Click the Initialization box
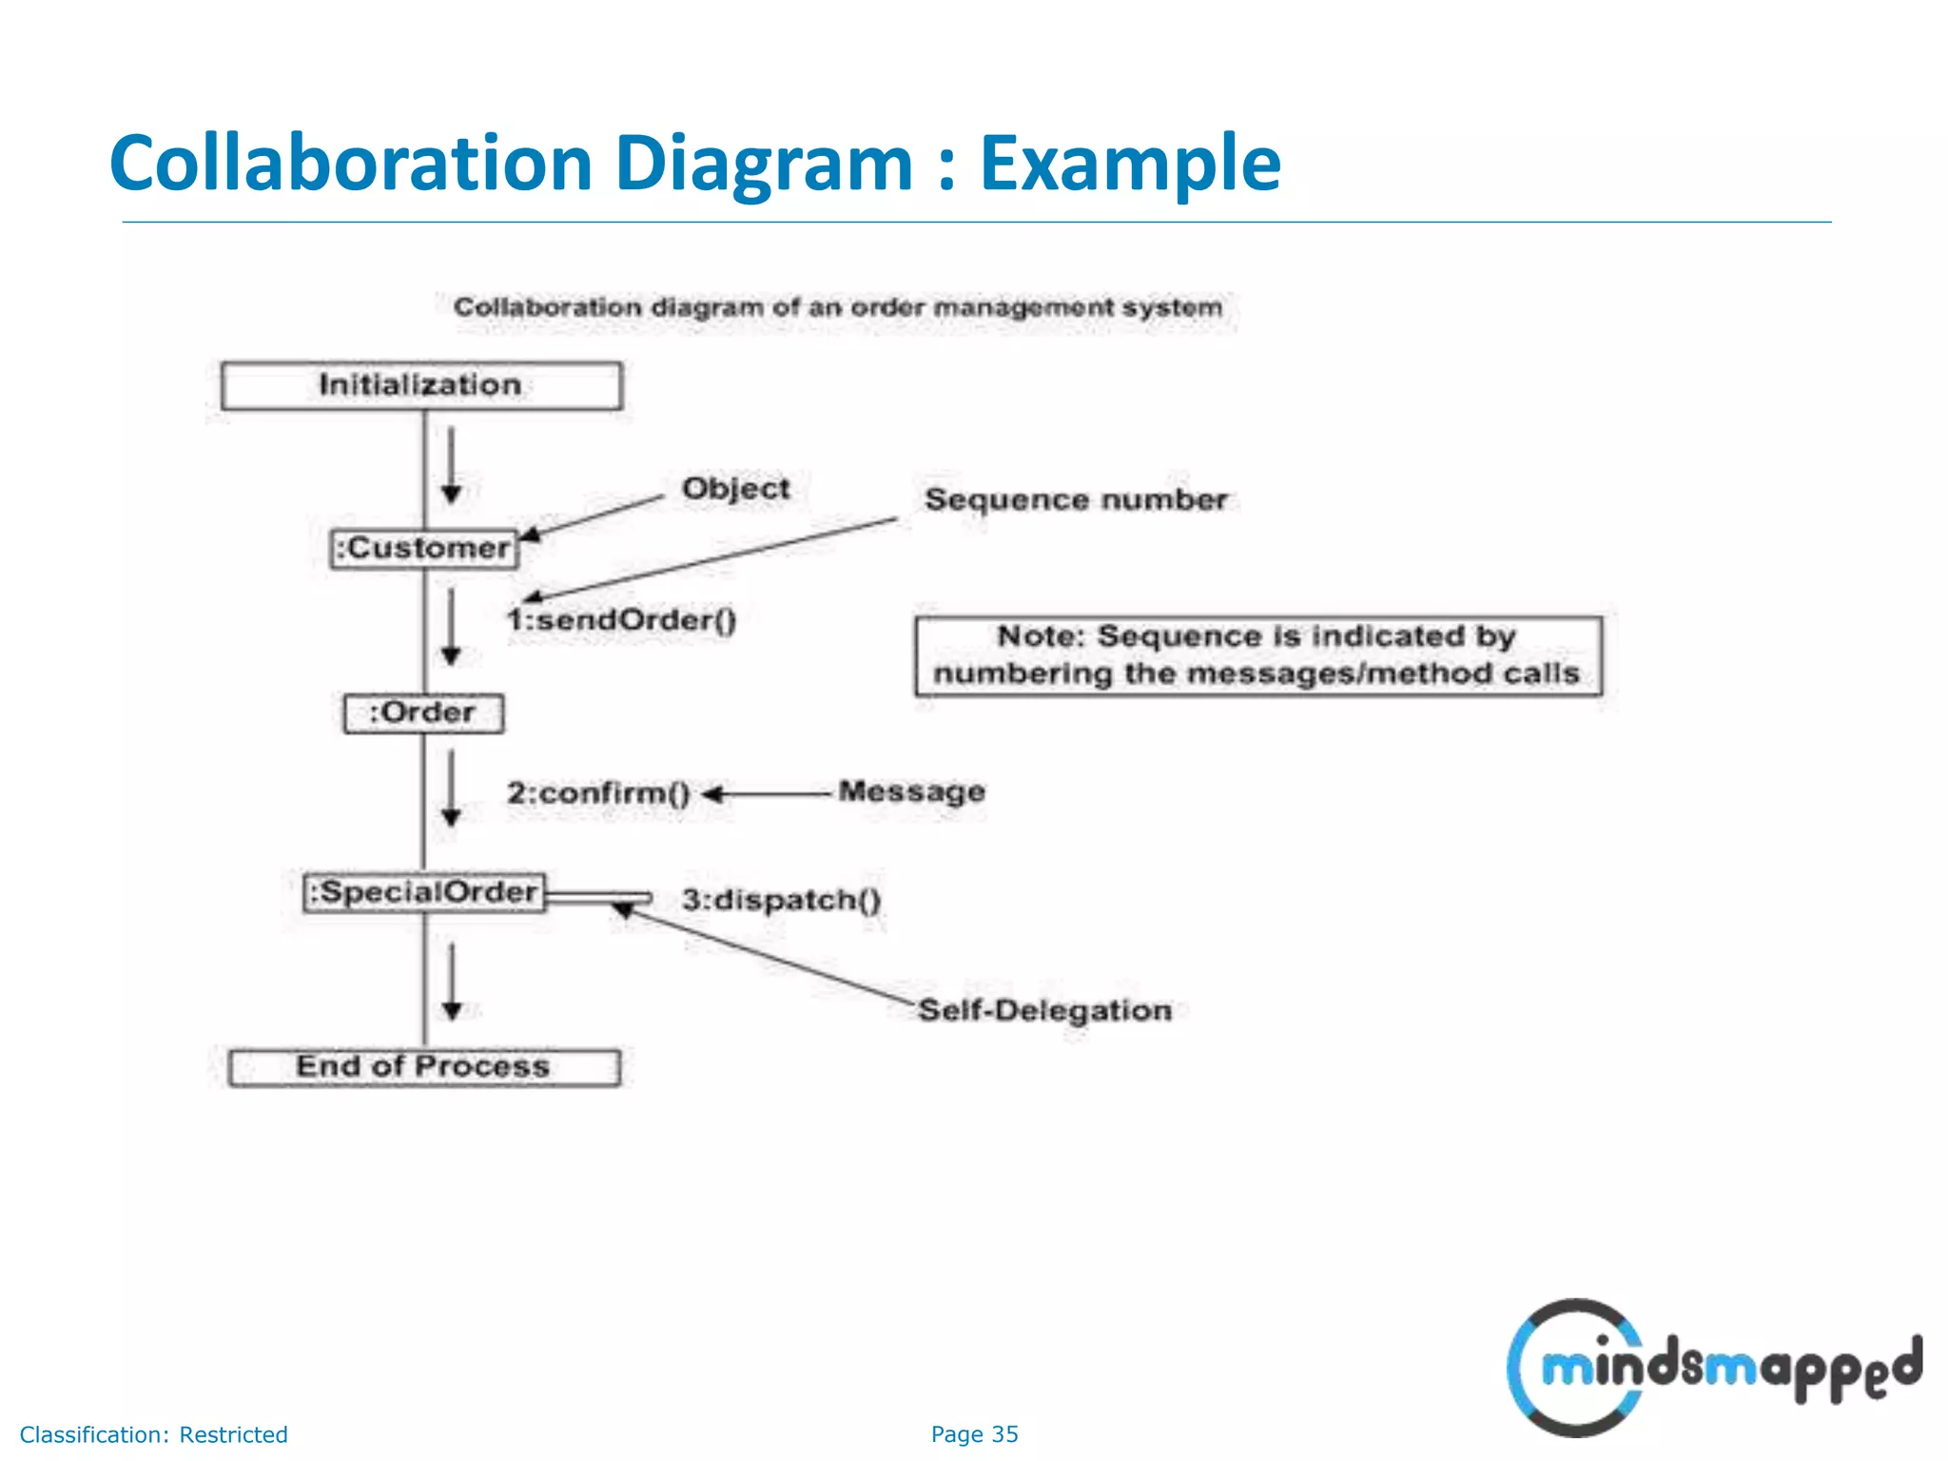tap(421, 385)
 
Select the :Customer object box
tap(424, 549)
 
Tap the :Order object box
tap(423, 712)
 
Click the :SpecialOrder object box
tap(424, 892)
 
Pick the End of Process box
tap(424, 1067)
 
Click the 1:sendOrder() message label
tap(621, 620)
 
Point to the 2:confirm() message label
tap(598, 792)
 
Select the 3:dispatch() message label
tap(781, 899)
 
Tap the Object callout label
tap(735, 489)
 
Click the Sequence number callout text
tap(1075, 499)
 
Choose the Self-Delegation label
tap(1044, 1010)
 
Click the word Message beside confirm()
tap(911, 791)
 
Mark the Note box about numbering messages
tap(1257, 655)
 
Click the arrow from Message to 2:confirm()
tap(767, 793)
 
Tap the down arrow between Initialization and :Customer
tap(452, 464)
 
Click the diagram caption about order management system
tap(837, 307)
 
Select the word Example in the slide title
tap(1130, 164)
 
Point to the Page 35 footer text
tap(974, 1434)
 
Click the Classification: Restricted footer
tap(153, 1434)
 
